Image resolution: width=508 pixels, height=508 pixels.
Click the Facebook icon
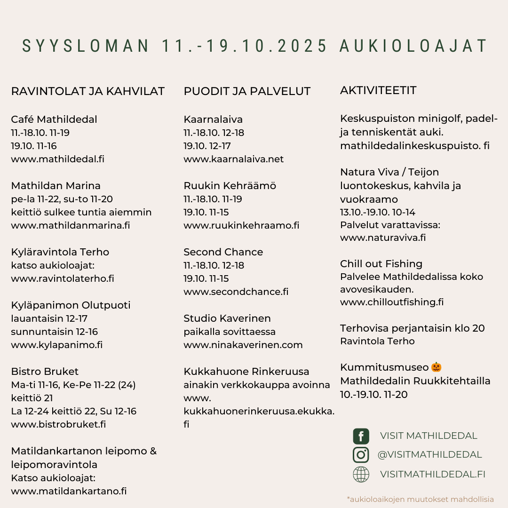(361, 436)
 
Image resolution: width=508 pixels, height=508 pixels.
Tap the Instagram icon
(361, 455)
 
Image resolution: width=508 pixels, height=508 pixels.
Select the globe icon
(361, 474)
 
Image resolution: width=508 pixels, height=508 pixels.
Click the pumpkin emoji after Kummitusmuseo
(437, 367)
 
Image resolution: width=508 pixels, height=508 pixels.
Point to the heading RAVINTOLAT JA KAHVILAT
(88, 91)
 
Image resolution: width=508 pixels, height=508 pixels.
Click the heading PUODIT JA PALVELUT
(247, 91)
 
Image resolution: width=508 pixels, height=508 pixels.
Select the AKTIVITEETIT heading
(378, 90)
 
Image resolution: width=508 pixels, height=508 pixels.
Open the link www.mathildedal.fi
(57, 159)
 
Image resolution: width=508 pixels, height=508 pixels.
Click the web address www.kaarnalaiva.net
(234, 159)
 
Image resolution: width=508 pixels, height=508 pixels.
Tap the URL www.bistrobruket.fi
(58, 424)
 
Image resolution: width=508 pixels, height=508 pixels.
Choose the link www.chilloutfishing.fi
(392, 302)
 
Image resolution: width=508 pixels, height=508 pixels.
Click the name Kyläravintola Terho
(60, 252)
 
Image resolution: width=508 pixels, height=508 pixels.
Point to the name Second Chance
(223, 252)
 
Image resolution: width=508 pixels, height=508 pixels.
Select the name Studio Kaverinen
(227, 318)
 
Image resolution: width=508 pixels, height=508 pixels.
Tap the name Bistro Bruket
(45, 372)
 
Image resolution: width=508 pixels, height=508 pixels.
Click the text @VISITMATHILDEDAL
(429, 455)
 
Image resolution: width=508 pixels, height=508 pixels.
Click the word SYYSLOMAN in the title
(86, 46)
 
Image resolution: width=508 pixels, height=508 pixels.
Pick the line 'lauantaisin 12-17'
(49, 318)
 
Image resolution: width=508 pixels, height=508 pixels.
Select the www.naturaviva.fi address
(383, 238)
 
